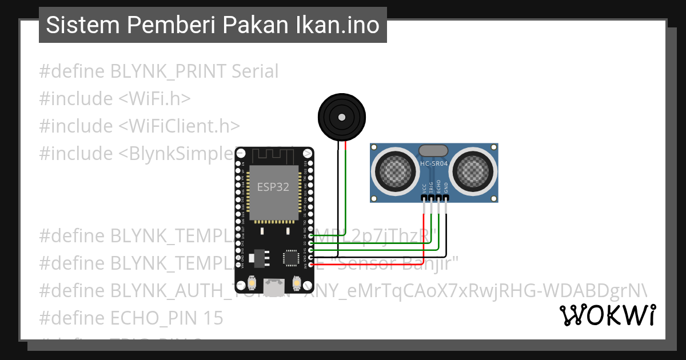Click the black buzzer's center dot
(x=341, y=117)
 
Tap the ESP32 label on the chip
(x=273, y=187)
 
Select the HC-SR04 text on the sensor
(x=434, y=163)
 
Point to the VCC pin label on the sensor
(x=424, y=187)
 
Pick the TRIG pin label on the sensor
(x=431, y=187)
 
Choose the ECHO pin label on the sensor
(x=438, y=187)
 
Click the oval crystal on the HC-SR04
(x=434, y=151)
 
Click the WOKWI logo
(x=607, y=315)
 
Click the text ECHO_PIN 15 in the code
(x=166, y=318)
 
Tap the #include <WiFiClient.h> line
(x=139, y=126)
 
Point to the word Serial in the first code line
(x=255, y=71)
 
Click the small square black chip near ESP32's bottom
(x=292, y=258)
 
